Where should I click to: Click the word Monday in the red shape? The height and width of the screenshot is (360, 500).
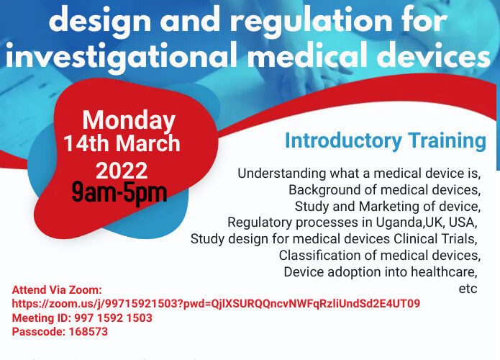[x=129, y=120]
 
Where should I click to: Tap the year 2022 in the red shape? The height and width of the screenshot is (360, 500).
[x=122, y=171]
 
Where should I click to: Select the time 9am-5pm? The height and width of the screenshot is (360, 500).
[x=119, y=192]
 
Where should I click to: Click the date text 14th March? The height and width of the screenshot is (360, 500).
[x=122, y=143]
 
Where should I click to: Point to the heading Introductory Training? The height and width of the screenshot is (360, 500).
[x=385, y=140]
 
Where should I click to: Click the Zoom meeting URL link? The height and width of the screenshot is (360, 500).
[x=216, y=304]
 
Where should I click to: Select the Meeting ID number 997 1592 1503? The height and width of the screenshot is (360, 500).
[x=112, y=318]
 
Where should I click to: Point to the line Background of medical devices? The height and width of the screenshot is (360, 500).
[x=384, y=190]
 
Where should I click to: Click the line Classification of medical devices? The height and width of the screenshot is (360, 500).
[x=379, y=256]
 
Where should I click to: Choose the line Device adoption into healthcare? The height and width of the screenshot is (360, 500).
[x=381, y=272]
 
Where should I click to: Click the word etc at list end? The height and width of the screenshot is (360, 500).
[x=468, y=288]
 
